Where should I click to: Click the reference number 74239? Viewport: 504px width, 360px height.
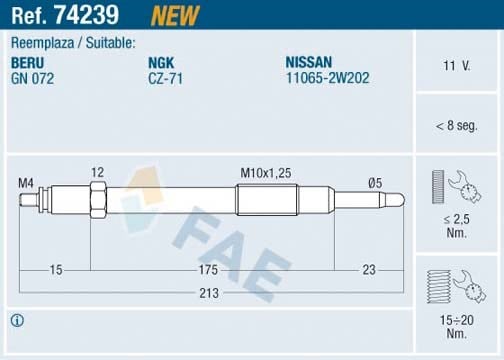pos(87,15)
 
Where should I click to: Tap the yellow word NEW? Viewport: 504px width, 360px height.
pos(175,16)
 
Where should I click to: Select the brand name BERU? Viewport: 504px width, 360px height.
pos(27,63)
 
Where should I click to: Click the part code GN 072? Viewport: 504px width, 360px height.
pos(32,79)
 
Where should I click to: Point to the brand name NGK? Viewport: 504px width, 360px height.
pos(161,63)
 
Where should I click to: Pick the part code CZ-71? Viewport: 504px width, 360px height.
pos(166,79)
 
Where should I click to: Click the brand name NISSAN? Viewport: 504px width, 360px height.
pos(309,62)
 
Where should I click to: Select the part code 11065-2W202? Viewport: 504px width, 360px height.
pos(328,78)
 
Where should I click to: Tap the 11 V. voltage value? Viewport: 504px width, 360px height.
pos(456,66)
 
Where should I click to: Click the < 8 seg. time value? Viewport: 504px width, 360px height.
pos(456,126)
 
